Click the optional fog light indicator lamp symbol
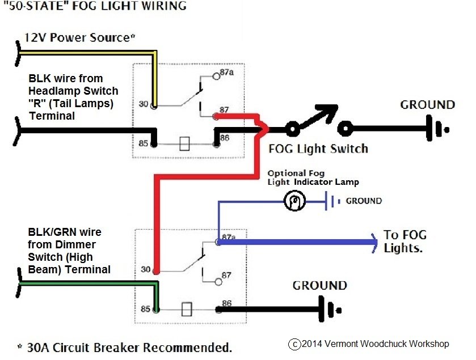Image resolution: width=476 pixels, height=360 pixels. point(294,201)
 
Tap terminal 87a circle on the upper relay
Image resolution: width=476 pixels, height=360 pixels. point(216,76)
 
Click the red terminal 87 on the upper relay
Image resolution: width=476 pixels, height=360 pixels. point(216,116)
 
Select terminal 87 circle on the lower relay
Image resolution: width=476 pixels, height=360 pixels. point(218,282)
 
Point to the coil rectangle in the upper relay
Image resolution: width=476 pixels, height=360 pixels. point(184,144)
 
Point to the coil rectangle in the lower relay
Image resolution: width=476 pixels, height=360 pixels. point(187,310)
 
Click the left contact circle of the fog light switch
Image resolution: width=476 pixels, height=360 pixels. point(293,129)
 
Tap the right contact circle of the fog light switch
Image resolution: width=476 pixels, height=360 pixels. point(345,129)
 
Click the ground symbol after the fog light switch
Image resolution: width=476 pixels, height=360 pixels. point(437,128)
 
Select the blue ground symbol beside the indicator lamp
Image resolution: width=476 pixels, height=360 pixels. point(332,201)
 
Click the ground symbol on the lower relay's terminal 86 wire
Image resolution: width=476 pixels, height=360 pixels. point(330,310)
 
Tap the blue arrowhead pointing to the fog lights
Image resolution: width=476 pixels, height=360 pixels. point(374,243)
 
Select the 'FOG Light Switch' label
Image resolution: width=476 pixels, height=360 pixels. point(318,149)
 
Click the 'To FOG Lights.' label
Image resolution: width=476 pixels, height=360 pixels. point(405,242)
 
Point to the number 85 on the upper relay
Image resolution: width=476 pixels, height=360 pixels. point(144,143)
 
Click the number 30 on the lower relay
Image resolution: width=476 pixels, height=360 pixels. point(146,269)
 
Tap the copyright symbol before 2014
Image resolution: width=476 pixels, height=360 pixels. point(294,344)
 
